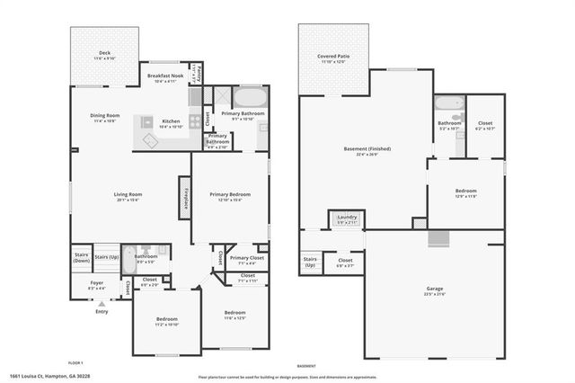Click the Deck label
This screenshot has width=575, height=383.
(104, 53)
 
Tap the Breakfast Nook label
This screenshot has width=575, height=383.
(165, 76)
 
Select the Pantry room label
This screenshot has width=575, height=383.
(197, 71)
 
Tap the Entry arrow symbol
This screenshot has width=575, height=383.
(101, 305)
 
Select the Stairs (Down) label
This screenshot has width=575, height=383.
(81, 257)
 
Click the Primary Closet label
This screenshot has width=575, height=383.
(245, 258)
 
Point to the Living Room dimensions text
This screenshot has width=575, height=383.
(128, 200)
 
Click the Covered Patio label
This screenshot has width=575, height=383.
(332, 57)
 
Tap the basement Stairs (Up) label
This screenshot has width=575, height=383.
(310, 263)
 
